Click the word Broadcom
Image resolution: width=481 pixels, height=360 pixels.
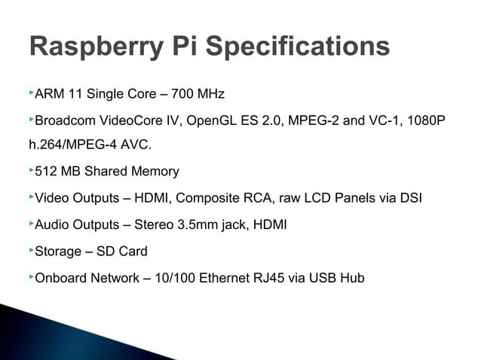[66, 121]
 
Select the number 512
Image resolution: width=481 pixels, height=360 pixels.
[47, 172]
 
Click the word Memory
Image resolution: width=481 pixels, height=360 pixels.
[155, 172]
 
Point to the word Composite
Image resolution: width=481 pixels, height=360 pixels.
[216, 199]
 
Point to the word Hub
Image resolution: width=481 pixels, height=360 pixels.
[351, 278]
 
